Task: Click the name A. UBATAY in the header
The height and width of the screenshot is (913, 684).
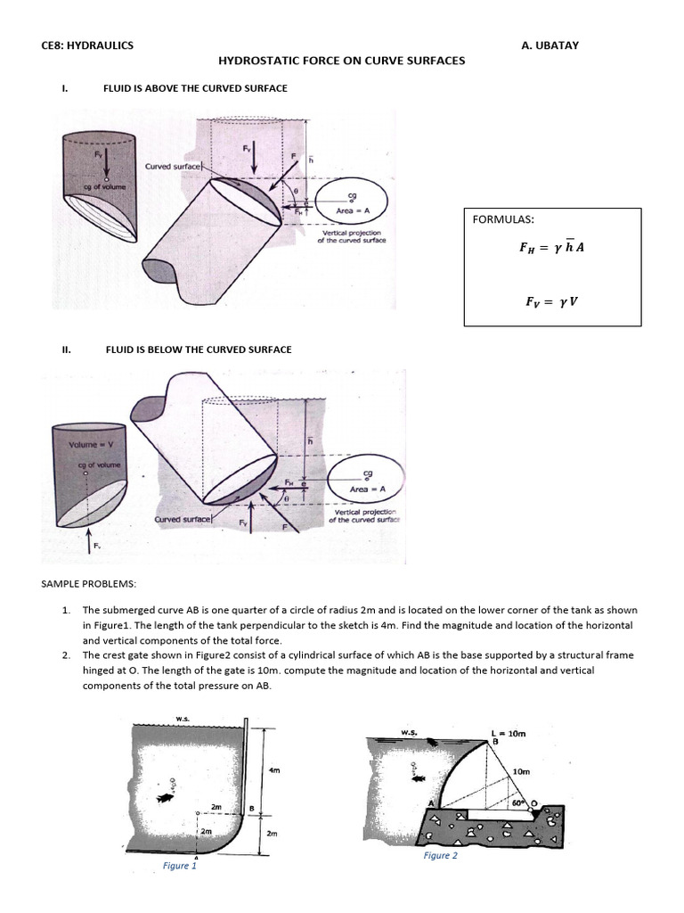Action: coord(550,45)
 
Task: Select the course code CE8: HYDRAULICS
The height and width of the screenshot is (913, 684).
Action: coord(88,45)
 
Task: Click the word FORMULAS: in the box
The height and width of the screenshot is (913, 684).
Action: coord(501,219)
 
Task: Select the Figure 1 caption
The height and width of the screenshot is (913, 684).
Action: coord(180,866)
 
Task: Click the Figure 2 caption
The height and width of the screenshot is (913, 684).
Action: coord(440,855)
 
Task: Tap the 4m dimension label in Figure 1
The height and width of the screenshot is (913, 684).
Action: coord(274,770)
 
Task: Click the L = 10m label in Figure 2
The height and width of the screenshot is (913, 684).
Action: coord(509,733)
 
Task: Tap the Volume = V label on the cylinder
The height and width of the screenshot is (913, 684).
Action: coord(88,444)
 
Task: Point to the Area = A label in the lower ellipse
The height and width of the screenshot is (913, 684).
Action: coord(368,489)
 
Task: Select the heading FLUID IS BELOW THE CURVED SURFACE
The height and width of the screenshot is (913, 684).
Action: coord(199,350)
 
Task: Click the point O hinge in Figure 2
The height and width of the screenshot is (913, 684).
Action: coord(534,802)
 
